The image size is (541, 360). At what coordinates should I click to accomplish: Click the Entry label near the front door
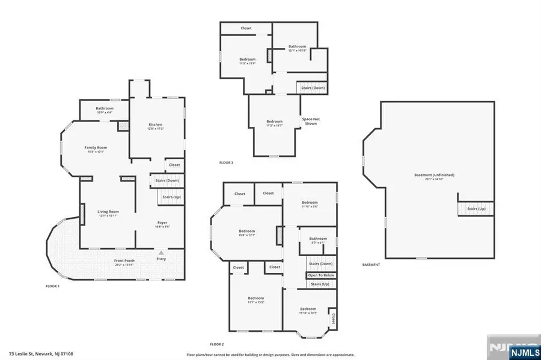pos(161,260)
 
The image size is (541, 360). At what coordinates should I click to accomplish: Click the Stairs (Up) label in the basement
pos(476,209)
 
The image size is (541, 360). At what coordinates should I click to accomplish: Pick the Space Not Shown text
pos(311,121)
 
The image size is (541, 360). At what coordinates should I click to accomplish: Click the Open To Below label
pos(320,275)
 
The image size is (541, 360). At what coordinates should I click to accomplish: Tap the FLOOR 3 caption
pos(227,163)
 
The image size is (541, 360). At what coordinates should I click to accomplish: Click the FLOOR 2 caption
pos(216,344)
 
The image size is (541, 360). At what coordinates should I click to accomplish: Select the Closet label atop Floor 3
pos(246,28)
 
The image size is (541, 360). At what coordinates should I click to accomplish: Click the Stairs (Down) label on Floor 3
pos(313,88)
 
